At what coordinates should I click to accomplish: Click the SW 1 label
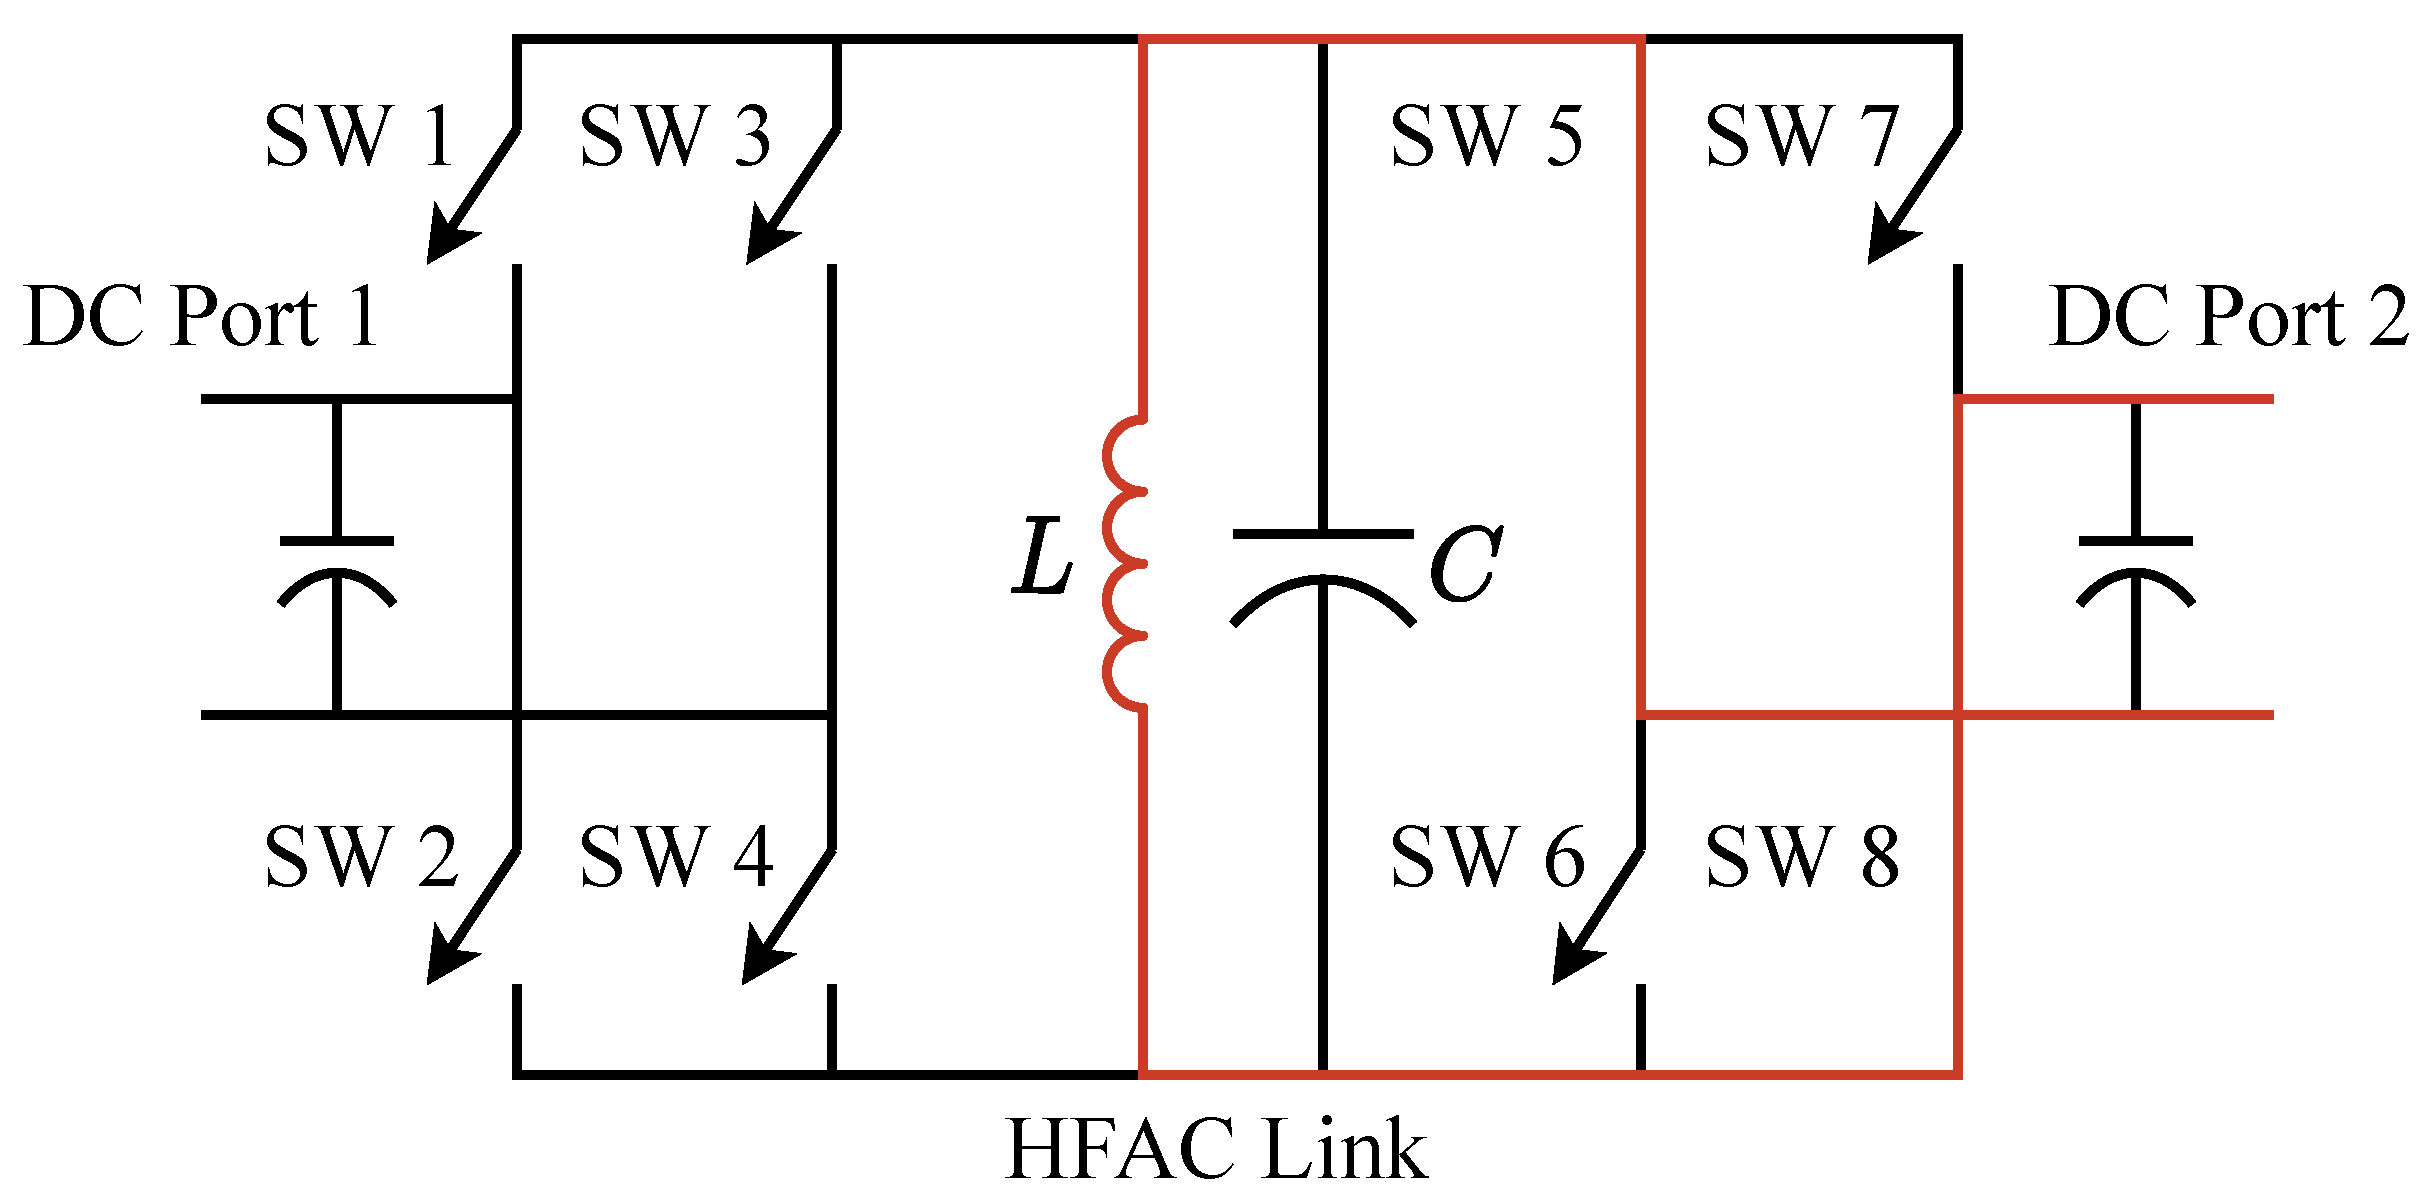[359, 136]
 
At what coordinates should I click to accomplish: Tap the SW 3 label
[675, 136]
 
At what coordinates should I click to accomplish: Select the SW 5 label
[1487, 136]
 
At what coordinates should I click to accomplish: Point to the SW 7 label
[1801, 136]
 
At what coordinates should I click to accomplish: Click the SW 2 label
[361, 857]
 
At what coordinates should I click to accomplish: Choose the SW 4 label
[676, 857]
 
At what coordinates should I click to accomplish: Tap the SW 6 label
[1488, 857]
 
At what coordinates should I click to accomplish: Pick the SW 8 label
[1802, 857]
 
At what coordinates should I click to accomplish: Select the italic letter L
[1043, 558]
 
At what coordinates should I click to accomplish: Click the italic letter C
[1465, 565]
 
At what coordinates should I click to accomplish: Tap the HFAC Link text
[1216, 1149]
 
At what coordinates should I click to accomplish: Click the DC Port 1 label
[201, 317]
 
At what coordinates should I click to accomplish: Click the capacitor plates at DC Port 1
[337, 570]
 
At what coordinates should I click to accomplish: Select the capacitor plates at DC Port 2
[2136, 570]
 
